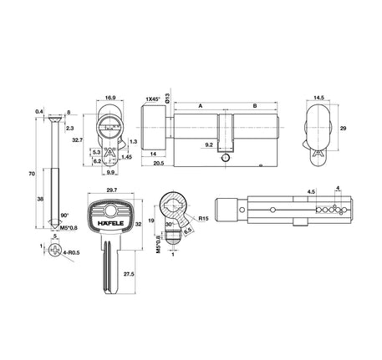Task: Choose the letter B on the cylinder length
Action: pyautogui.click(x=254, y=106)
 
